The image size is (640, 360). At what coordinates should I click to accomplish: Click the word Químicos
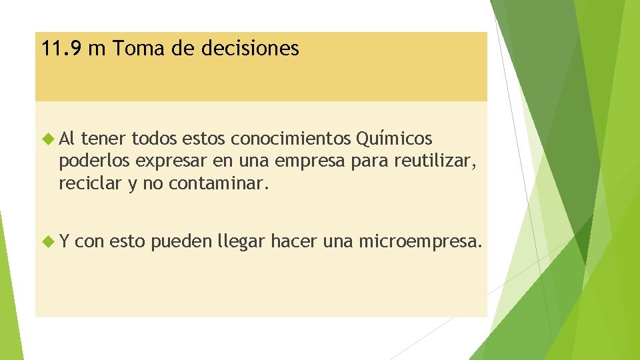pos(394,139)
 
